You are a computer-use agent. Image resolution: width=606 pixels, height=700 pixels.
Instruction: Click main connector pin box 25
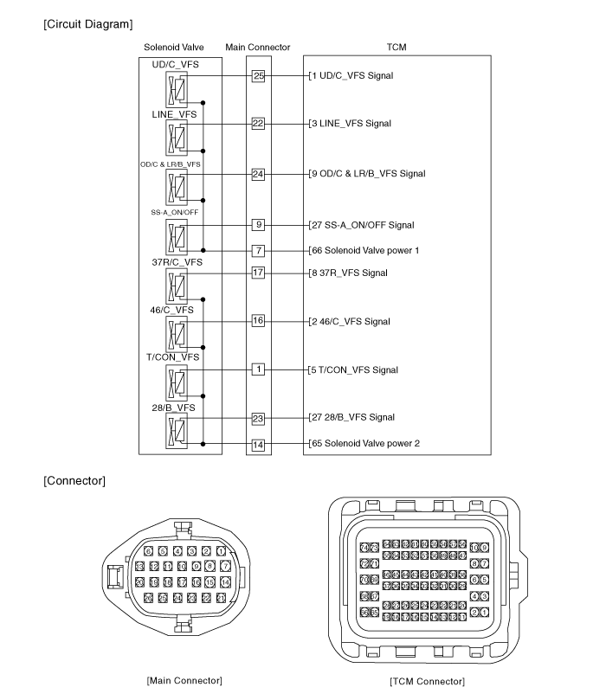point(258,75)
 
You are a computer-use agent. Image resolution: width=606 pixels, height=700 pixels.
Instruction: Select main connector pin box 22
point(258,123)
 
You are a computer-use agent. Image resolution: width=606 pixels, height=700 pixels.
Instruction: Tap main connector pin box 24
point(258,173)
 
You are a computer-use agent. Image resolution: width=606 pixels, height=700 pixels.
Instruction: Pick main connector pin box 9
point(258,225)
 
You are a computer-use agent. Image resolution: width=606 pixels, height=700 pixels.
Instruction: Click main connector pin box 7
point(258,250)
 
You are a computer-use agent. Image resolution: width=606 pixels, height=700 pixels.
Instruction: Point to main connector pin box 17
point(258,273)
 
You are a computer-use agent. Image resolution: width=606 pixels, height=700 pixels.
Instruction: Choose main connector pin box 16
point(258,321)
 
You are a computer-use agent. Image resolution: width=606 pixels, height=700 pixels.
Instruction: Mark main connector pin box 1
point(258,369)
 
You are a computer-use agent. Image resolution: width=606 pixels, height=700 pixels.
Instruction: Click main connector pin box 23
point(258,418)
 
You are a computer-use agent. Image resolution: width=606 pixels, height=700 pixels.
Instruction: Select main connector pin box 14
point(258,444)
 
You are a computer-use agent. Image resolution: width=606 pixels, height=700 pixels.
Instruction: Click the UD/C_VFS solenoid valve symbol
point(177,90)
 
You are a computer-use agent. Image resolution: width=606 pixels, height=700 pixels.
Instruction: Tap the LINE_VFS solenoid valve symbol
point(177,138)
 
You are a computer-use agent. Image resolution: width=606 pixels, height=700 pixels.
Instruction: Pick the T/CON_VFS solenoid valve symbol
point(177,382)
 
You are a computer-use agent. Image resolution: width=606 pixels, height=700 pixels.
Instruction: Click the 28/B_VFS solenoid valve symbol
point(177,430)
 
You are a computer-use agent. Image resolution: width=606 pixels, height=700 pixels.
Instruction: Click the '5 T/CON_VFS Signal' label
point(355,369)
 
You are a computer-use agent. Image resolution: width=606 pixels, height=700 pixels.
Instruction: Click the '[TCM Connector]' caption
point(427,682)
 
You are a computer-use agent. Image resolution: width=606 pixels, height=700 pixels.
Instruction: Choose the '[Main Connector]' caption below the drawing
point(184,680)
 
